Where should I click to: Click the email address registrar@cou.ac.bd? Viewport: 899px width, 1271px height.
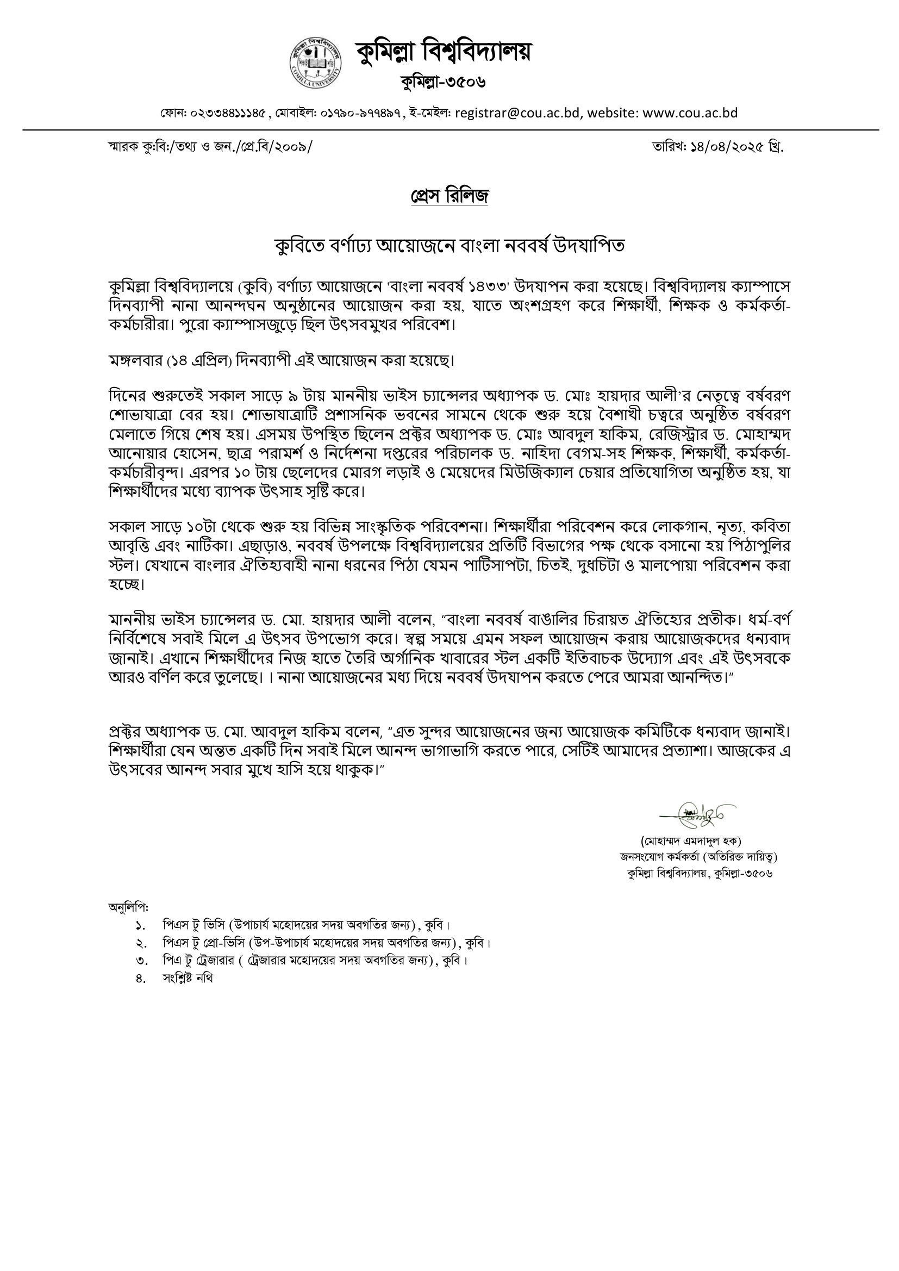517,113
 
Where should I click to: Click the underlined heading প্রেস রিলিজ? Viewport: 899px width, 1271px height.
449,196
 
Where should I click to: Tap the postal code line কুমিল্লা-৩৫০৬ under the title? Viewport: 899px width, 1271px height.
443,83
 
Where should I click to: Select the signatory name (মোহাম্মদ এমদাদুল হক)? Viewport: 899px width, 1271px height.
698,842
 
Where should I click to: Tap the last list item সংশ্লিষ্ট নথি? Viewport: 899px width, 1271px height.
188,978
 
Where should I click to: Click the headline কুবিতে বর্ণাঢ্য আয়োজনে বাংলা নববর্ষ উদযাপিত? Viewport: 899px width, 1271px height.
449,245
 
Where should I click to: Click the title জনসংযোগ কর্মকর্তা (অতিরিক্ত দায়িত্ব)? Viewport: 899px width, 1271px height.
698,857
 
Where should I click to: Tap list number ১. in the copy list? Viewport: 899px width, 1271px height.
140,925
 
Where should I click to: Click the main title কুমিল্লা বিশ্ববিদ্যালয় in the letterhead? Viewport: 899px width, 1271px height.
443,52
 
